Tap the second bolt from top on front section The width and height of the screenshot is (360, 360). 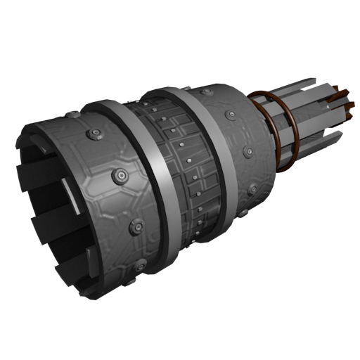pos(93,134)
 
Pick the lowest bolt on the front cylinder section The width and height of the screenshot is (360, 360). pos(141,265)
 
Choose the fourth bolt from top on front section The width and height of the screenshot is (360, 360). pos(136,227)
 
